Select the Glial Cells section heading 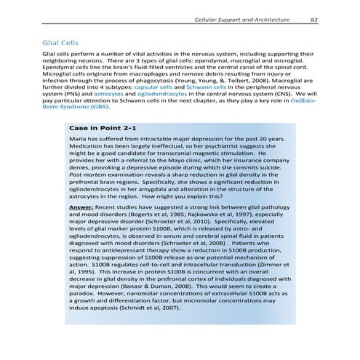coord(60,42)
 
